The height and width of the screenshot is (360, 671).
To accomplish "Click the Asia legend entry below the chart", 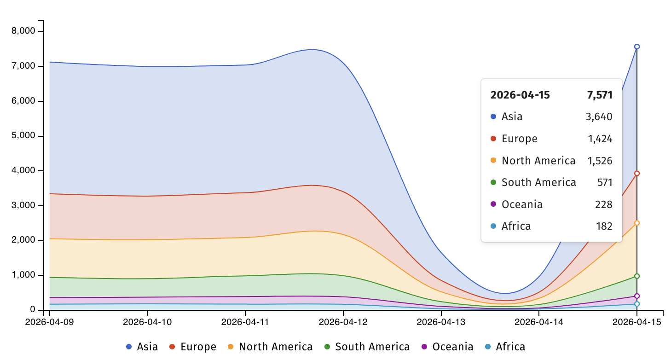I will point(142,347).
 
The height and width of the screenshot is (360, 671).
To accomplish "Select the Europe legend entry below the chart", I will point(193,347).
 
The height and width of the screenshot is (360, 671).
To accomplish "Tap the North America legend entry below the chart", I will point(270,347).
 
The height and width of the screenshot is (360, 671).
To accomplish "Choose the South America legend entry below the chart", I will point(367,347).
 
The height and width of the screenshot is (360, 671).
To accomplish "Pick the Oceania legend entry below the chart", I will point(447,347).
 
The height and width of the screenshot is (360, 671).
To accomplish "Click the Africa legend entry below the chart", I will point(505,347).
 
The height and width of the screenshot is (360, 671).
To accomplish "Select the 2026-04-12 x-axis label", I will point(343,322).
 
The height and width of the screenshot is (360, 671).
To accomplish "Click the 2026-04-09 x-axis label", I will point(49,322).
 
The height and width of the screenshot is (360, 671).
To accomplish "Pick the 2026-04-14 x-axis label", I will point(539,322).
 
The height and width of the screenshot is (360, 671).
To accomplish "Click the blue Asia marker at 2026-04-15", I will point(637,46).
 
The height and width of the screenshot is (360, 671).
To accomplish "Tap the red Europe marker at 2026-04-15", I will point(637,174).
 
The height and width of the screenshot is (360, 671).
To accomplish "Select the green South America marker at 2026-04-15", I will point(637,276).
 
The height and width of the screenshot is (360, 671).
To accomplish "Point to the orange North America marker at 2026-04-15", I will point(637,223).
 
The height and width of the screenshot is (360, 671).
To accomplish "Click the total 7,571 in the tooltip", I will point(600,95).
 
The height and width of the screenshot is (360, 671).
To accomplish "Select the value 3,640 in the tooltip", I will point(599,117).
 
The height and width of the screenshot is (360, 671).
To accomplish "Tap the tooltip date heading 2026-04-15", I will point(520,95).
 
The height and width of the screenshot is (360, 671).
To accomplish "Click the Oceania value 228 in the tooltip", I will point(603,204).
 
